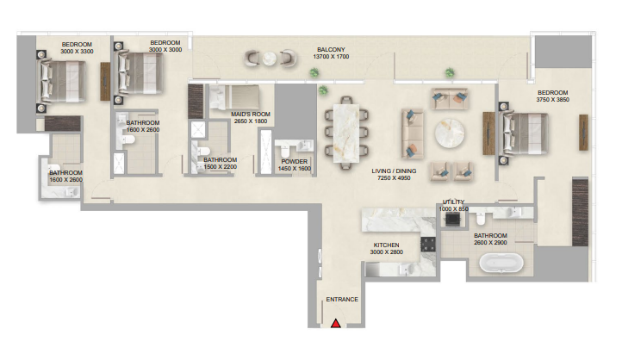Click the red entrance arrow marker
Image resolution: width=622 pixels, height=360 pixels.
coord(336,324)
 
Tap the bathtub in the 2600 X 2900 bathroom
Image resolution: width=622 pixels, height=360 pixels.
coord(501,264)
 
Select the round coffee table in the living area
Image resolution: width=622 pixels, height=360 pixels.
coord(450,133)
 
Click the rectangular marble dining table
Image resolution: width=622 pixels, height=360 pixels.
coord(346,133)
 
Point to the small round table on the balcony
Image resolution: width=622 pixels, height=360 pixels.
coord(270,59)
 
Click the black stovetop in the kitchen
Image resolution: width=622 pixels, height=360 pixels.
coord(428,244)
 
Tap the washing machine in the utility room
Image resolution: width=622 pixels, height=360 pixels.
coord(453,219)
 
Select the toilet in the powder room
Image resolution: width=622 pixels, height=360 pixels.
coord(284,150)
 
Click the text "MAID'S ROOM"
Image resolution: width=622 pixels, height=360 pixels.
coord(251,115)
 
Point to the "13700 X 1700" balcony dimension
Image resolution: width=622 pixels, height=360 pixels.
coord(331,57)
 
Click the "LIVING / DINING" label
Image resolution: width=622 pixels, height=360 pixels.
coord(394,171)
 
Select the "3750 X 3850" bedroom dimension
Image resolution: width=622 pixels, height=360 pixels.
coord(552,100)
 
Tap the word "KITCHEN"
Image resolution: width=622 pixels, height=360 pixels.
coord(386,245)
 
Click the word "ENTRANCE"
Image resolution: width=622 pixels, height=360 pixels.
coord(342,300)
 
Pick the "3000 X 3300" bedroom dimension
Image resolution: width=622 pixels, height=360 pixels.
coord(77,51)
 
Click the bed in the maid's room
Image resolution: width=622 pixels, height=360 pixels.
coord(234,97)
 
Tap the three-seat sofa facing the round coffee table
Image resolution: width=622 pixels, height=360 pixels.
coord(413,133)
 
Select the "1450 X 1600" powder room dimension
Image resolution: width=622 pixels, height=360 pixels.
coord(295,169)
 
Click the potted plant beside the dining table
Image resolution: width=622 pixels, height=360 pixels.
coord(323,90)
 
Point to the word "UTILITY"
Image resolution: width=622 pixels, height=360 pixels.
coord(453,202)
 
